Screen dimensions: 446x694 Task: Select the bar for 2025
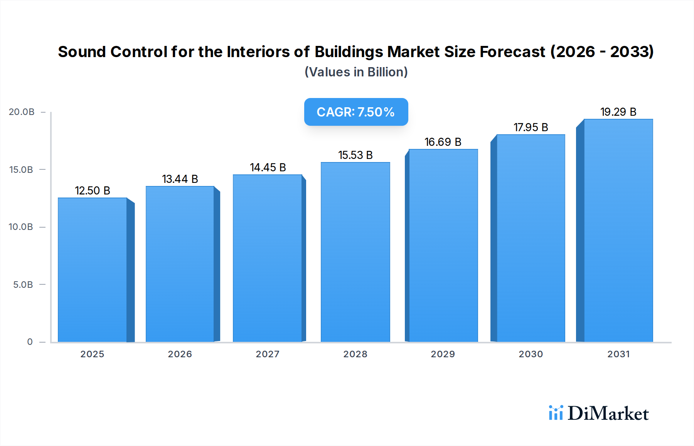[93, 270]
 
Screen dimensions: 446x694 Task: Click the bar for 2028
[355, 253]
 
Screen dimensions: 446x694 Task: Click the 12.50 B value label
[93, 191]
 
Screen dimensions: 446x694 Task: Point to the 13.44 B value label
[180, 179]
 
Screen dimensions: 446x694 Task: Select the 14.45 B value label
[268, 167]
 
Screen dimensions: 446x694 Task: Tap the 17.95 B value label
[531, 127]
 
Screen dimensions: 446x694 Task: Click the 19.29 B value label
[618, 112]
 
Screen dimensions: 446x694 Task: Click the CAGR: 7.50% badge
[356, 112]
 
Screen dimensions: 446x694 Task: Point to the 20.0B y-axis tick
[22, 112]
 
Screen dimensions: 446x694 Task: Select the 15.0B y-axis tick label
[21, 169]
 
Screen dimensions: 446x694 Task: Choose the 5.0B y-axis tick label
[23, 284]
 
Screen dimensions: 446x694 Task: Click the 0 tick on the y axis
[30, 341]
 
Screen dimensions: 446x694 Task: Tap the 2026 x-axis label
[180, 354]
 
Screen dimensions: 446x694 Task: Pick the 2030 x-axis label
[531, 354]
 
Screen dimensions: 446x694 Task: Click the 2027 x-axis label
[268, 354]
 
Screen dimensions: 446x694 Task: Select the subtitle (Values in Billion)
[356, 72]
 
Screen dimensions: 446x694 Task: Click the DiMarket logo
[599, 413]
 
